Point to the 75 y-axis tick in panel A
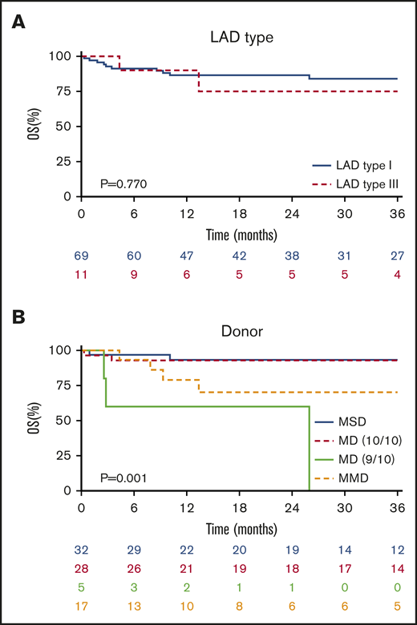click(65, 91)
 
